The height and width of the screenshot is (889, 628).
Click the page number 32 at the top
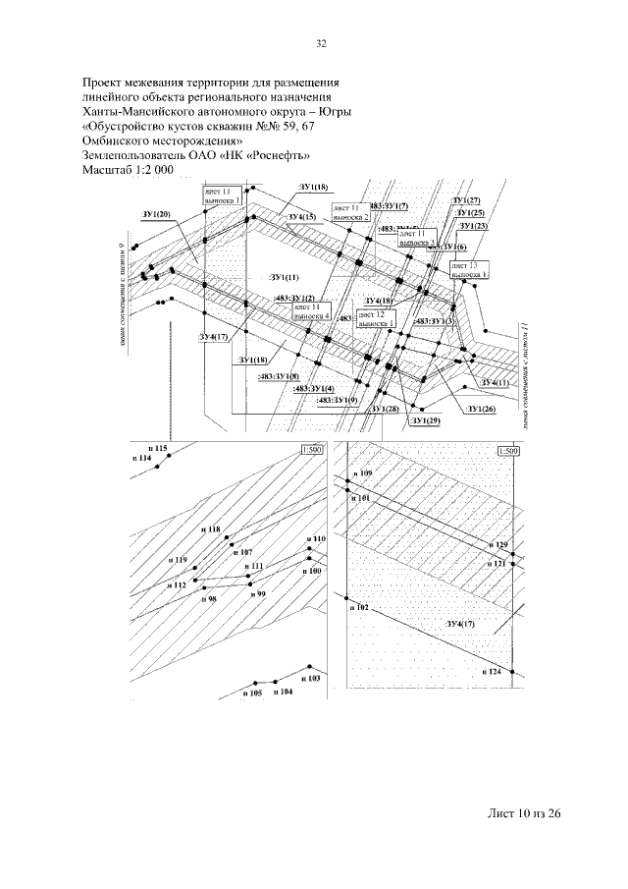pos(321,42)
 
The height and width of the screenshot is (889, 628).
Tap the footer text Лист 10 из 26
pos(523,814)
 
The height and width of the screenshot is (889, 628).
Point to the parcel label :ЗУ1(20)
pos(156,213)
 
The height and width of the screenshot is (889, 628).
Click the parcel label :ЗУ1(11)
pos(285,278)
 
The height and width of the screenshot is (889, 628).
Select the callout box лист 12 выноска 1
pos(377,317)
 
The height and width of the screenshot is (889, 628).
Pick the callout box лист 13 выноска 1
pos(469,269)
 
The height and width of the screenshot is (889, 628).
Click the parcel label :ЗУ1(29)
pos(427,421)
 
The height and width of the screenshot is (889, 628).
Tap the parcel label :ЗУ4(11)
pos(495,382)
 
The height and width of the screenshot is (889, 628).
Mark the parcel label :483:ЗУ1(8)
pos(279,376)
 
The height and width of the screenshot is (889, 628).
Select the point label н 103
pos(312,679)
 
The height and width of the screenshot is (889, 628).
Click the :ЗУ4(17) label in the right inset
pos(460,624)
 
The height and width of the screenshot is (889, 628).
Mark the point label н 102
pos(358,609)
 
